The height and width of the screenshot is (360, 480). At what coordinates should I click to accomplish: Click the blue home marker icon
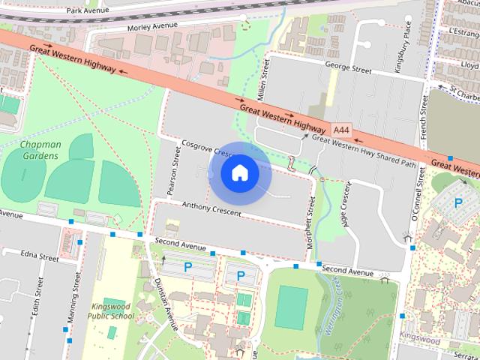(240, 173)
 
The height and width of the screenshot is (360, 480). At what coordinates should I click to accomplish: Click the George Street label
(348, 69)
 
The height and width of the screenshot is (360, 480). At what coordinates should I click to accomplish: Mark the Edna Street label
(40, 256)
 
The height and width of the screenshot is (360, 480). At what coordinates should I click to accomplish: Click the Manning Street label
(75, 303)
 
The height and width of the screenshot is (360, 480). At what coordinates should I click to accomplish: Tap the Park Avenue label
(94, 11)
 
